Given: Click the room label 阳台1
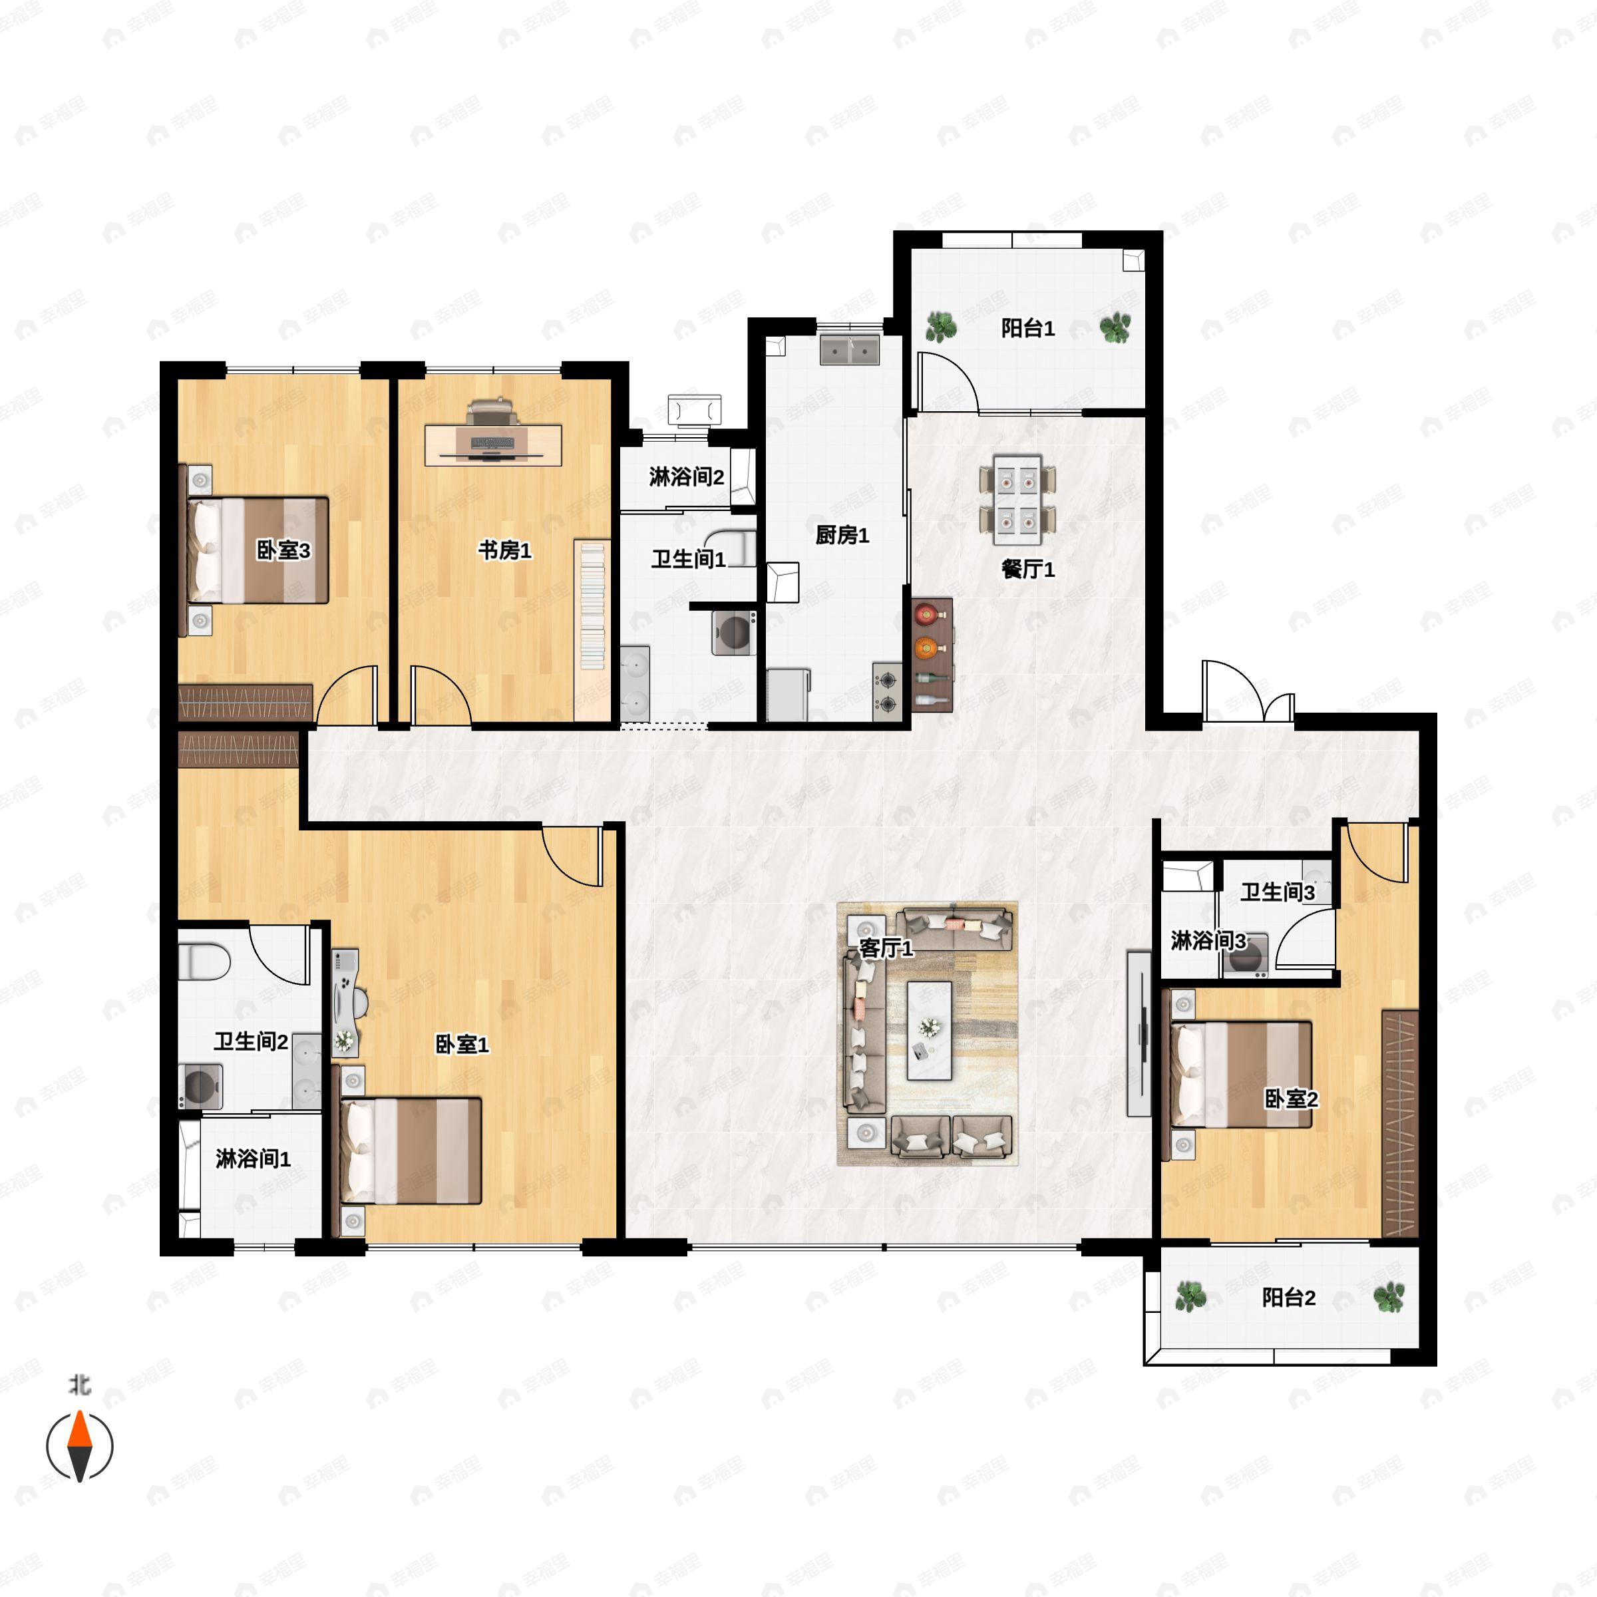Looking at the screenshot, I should pos(1027,329).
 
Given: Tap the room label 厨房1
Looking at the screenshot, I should pos(842,536).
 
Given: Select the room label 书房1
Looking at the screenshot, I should pos(504,550).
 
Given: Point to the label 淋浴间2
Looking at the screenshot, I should pos(686,477).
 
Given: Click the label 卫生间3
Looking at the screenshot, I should pos(1277,892).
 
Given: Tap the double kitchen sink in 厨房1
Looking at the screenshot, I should pos(849,351).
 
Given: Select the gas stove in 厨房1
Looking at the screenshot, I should pos(887,692).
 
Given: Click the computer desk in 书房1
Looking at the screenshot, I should pos(494,444).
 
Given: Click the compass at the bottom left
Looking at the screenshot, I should pos(79,1446).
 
